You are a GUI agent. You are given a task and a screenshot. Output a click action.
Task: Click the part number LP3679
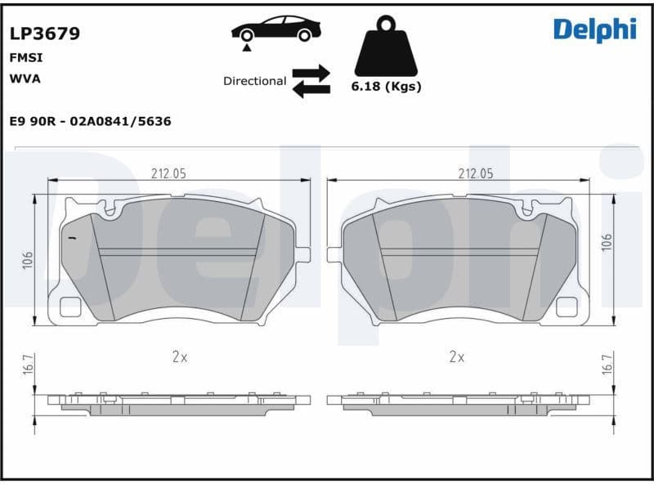pyautogui.click(x=44, y=34)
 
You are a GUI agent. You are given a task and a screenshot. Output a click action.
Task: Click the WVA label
pyautogui.click(x=25, y=78)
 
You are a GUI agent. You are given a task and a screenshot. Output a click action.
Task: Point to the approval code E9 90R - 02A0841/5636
pyautogui.click(x=90, y=121)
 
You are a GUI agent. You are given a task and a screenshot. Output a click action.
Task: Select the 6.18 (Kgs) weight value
pyautogui.click(x=386, y=87)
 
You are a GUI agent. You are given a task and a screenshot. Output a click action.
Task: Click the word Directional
pyautogui.click(x=254, y=81)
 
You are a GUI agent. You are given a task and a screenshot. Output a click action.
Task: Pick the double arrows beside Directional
pyautogui.click(x=311, y=81)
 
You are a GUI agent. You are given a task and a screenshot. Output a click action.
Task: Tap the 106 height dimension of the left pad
pyautogui.click(x=27, y=260)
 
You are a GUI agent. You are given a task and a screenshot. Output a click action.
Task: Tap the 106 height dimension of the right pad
pyautogui.click(x=606, y=242)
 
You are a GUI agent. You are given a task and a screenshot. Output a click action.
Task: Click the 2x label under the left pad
pyautogui.click(x=180, y=356)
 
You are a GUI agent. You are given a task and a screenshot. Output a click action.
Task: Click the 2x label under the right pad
pyautogui.click(x=457, y=356)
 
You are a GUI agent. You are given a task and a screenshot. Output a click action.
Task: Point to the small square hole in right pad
pyautogui.click(x=566, y=307)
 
